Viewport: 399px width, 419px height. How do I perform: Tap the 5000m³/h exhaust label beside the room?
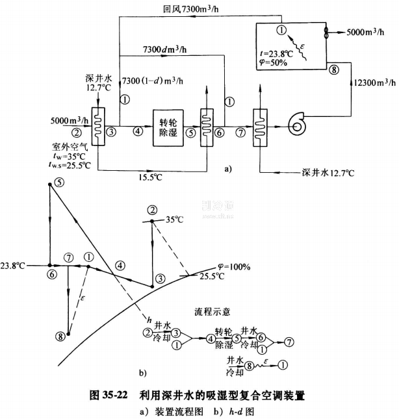click(x=363, y=30)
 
